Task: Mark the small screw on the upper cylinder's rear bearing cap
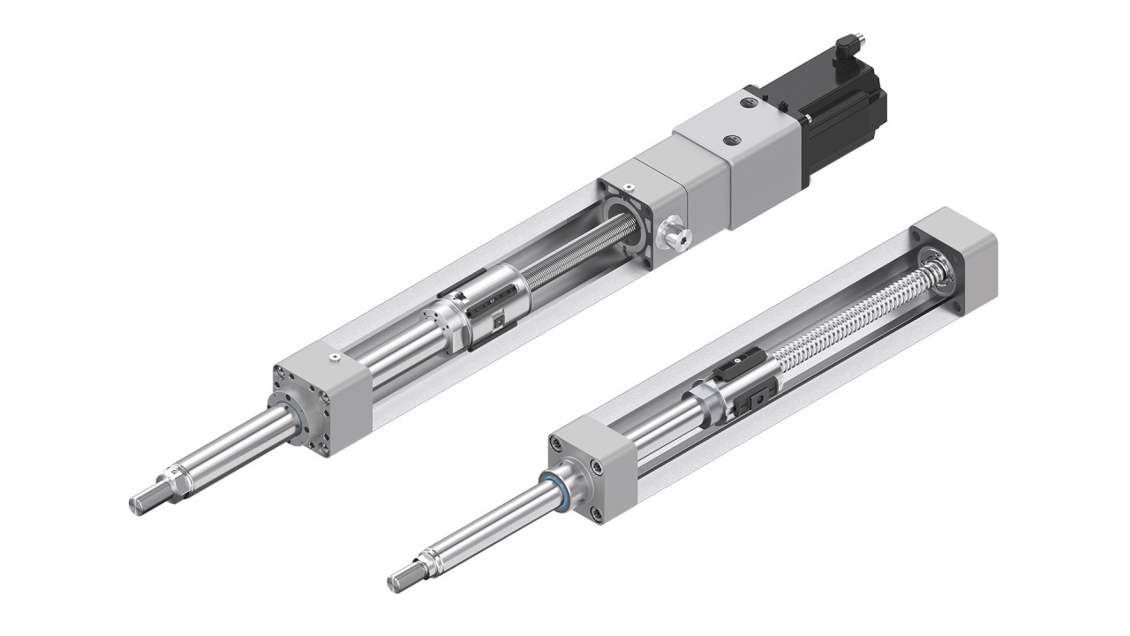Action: [628, 186]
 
